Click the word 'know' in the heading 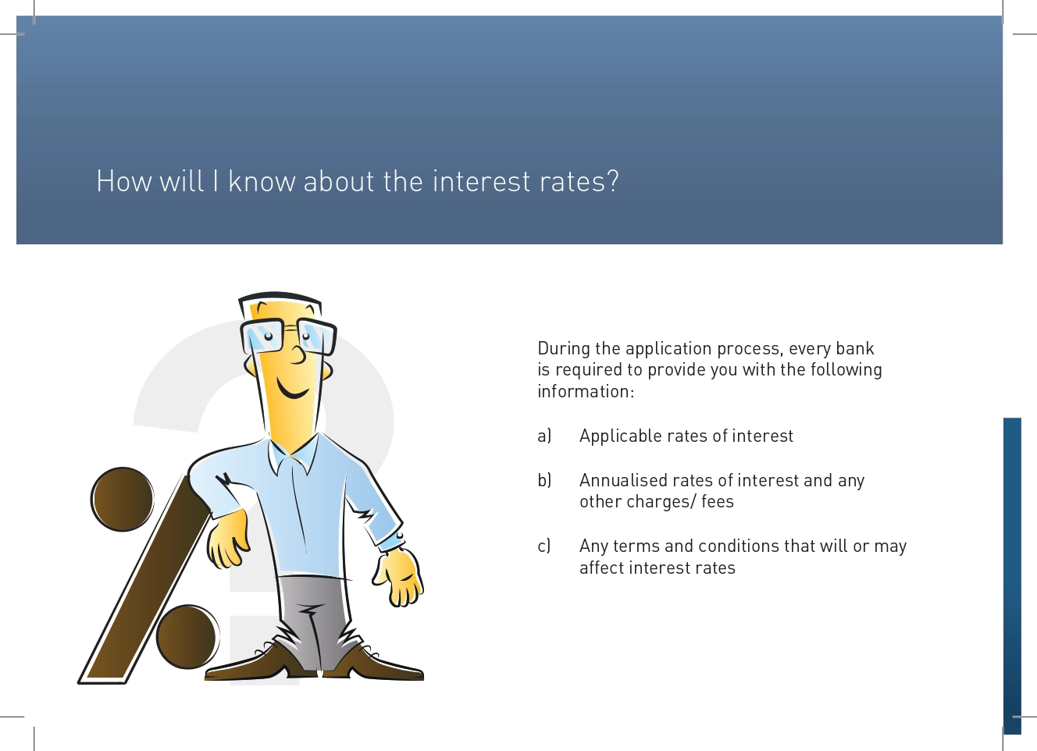(262, 180)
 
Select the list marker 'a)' (544, 436)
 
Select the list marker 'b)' (544, 480)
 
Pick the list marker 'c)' (544, 546)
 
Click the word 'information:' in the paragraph (586, 391)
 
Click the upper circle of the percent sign (123, 500)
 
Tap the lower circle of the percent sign (187, 637)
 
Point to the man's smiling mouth (292, 390)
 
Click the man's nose (298, 355)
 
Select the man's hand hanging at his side (399, 577)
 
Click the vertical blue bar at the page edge (1012, 575)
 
